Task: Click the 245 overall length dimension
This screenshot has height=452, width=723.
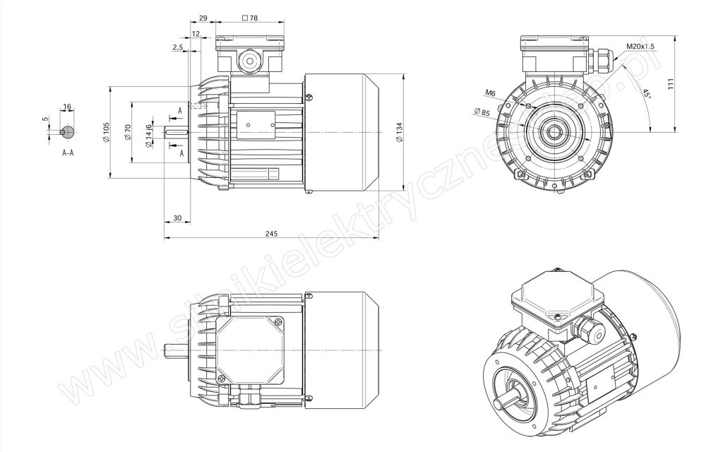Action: [272, 234]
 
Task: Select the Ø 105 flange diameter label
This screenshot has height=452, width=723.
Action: [106, 132]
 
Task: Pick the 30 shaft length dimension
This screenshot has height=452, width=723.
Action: [177, 218]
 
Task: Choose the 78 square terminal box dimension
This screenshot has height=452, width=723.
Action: [250, 18]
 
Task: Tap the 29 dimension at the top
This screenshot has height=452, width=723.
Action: [203, 18]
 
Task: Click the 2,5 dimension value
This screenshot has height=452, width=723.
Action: [178, 47]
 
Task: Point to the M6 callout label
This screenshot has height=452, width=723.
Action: [490, 93]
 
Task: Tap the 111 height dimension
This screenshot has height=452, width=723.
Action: [671, 84]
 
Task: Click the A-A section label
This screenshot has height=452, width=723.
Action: [68, 153]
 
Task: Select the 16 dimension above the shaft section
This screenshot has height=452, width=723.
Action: [67, 107]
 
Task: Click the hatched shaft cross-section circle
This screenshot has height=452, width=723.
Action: [68, 132]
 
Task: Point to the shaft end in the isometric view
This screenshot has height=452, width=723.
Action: [500, 404]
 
